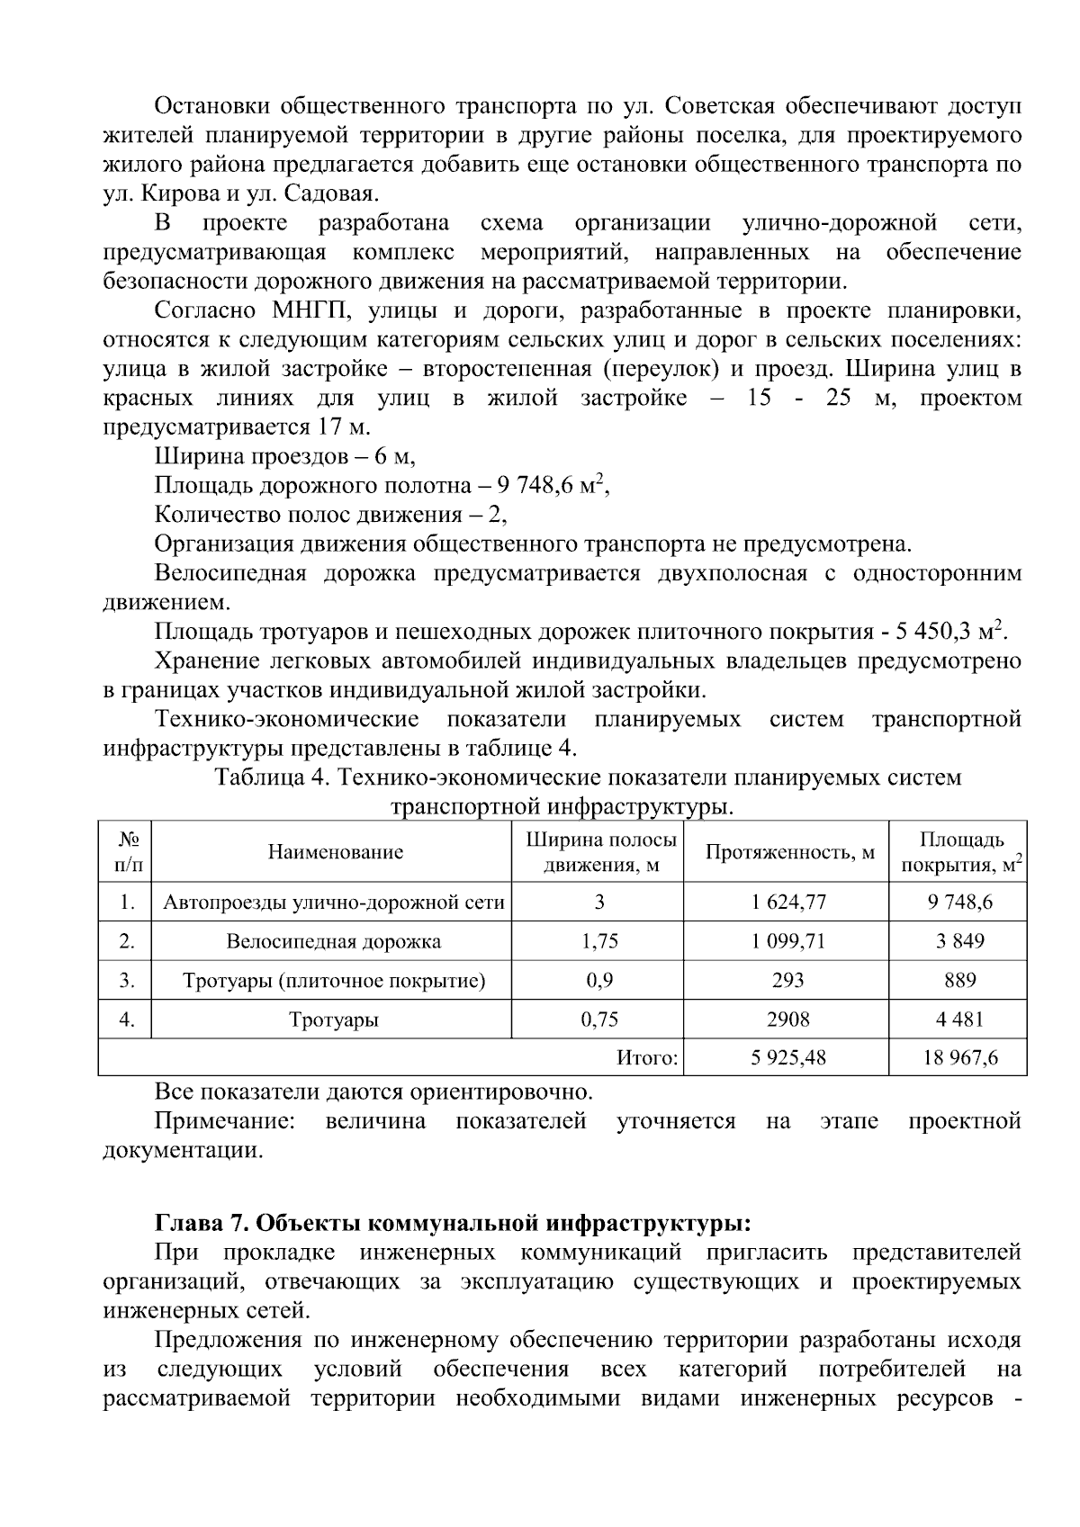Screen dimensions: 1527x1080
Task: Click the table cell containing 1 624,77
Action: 788,903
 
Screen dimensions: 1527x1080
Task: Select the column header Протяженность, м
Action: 789,852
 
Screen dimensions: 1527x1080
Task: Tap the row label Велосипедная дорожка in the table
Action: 333,942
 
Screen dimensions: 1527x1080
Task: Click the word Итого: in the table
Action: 647,1058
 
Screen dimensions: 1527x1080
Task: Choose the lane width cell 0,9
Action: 599,981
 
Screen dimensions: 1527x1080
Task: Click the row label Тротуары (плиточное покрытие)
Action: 333,981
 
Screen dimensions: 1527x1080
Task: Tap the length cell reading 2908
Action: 788,1019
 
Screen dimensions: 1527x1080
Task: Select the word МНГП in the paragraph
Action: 301,311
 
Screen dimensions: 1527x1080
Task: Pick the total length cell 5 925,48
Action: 788,1058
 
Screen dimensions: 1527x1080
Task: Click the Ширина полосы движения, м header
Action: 599,852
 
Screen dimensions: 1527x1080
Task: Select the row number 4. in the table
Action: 127,1019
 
